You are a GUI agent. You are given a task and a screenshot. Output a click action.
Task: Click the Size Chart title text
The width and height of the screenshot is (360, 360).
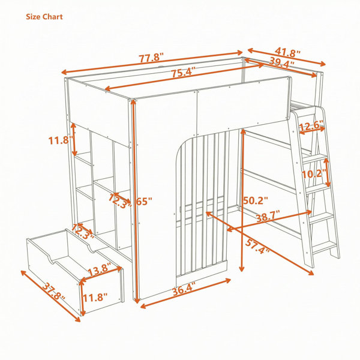pyautogui.click(x=44, y=17)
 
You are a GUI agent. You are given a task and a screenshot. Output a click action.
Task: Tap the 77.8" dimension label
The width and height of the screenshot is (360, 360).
pyautogui.click(x=152, y=58)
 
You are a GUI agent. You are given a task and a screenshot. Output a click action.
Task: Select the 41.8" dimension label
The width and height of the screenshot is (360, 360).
pyautogui.click(x=287, y=53)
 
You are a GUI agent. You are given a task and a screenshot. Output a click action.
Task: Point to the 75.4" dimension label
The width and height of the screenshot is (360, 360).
pyautogui.click(x=184, y=72)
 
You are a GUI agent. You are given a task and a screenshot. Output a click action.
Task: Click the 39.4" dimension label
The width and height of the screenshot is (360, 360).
pyautogui.click(x=281, y=62)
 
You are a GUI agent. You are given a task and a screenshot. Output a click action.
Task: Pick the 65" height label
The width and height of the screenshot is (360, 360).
pyautogui.click(x=144, y=202)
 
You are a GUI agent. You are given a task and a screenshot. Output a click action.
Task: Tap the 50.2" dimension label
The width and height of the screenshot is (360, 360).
pyautogui.click(x=256, y=200)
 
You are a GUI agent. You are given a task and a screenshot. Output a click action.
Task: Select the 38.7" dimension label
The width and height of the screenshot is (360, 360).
pyautogui.click(x=268, y=216)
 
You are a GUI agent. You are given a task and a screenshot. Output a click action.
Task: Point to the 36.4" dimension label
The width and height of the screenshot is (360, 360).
pyautogui.click(x=184, y=290)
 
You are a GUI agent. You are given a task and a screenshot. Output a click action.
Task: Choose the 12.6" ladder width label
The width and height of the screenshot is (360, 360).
pyautogui.click(x=311, y=126)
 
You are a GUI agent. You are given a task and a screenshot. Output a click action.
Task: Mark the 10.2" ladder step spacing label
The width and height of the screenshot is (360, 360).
pyautogui.click(x=314, y=173)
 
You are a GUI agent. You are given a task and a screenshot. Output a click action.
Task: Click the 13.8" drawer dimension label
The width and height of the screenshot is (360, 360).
pyautogui.click(x=99, y=269)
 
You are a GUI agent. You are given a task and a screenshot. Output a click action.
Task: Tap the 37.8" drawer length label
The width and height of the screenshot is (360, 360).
pyautogui.click(x=54, y=291)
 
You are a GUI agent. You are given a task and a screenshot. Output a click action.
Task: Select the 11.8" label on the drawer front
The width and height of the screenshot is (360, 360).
pyautogui.click(x=95, y=298)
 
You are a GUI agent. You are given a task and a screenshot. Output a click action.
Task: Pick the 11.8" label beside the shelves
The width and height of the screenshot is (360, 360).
pyautogui.click(x=61, y=140)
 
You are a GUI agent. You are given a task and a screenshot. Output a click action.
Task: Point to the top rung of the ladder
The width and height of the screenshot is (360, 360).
pyautogui.click(x=316, y=158)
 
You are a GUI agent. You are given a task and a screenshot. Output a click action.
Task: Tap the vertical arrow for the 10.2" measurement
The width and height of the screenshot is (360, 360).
pyautogui.click(x=328, y=172)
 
